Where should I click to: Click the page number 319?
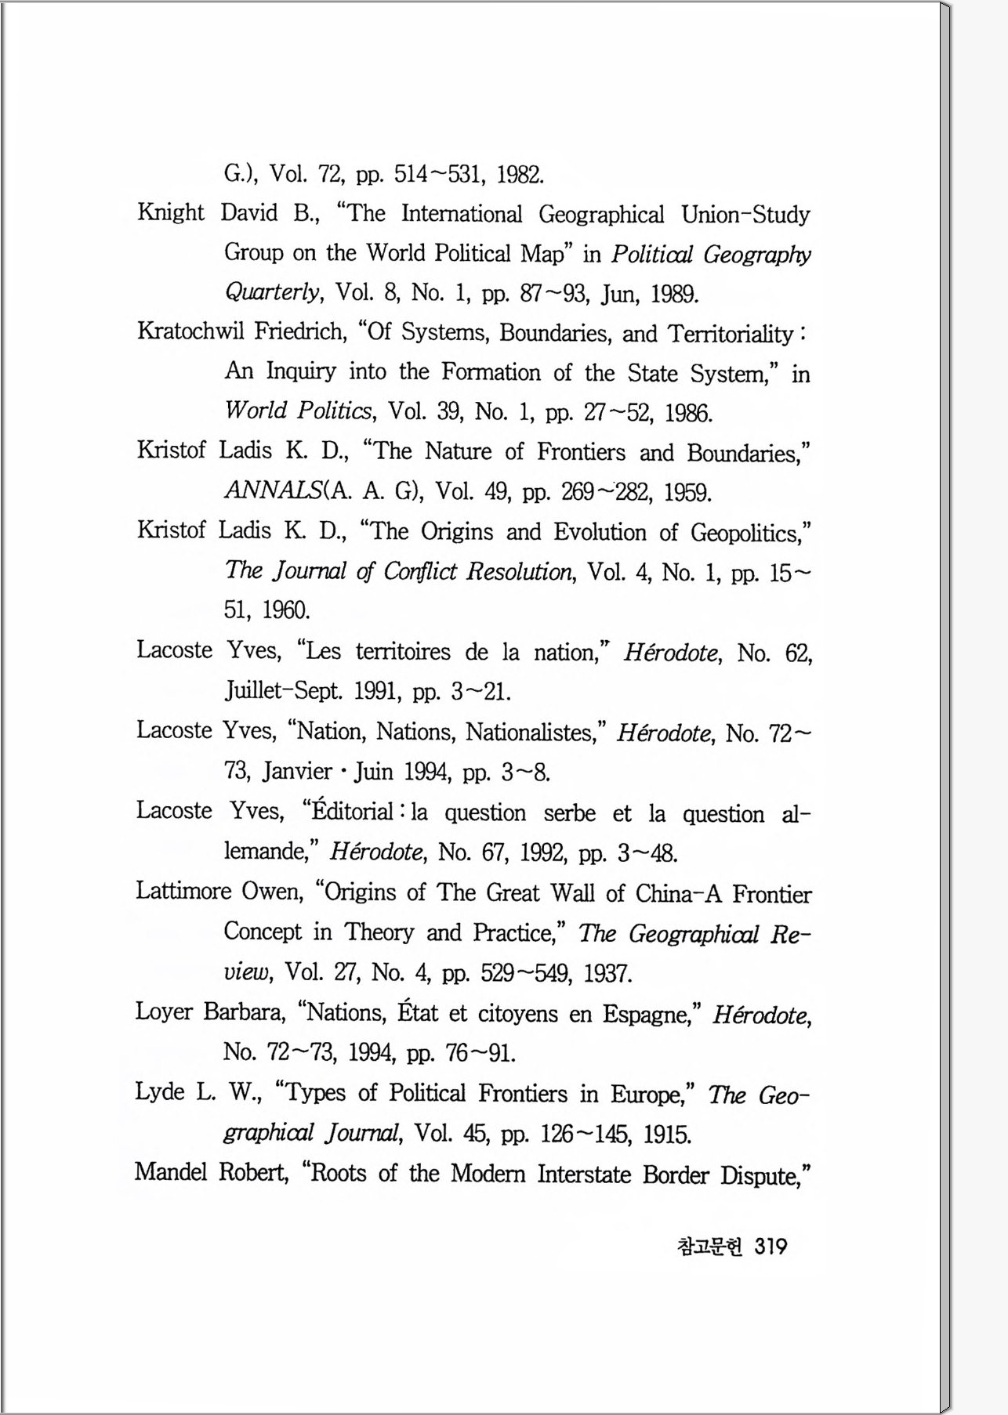pos(771,1247)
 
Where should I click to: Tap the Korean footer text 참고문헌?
pos(709,1247)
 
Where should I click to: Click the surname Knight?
pos(170,213)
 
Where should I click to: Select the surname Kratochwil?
pos(190,331)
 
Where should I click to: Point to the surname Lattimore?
pos(183,892)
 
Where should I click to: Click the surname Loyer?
pos(164,1012)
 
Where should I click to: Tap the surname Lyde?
pos(160,1092)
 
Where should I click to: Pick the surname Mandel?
pos(171,1173)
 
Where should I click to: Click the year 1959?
pos(687,493)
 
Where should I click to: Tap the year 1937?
pos(607,974)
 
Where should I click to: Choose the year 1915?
pos(667,1135)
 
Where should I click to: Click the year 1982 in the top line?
pos(520,173)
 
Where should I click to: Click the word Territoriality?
pos(731,335)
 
